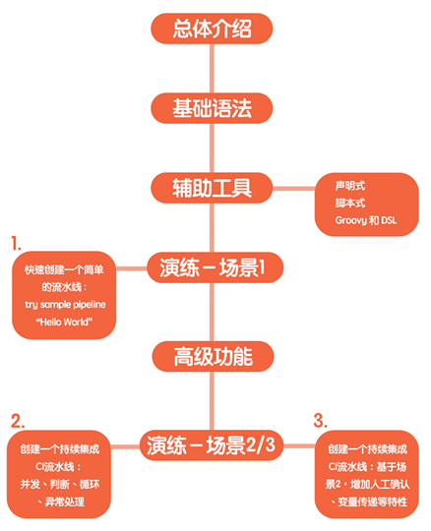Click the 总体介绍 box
point(212,29)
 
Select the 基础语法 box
point(212,108)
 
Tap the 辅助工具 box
point(212,188)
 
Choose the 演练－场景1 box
point(215,267)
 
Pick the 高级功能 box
point(213,356)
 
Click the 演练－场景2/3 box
point(212,445)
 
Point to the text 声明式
point(350,186)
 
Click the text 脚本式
point(350,203)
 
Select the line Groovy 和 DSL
point(366,220)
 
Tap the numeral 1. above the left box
point(16,244)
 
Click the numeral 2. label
point(18,421)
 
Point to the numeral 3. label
point(320,421)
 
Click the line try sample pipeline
point(65,305)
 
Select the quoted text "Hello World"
point(64,322)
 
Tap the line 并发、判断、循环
point(60,484)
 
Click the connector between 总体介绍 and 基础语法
point(212,69)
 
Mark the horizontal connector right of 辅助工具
point(294,188)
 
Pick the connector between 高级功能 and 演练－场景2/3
point(213,401)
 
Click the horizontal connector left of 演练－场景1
point(132,268)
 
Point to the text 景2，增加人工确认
point(368,484)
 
